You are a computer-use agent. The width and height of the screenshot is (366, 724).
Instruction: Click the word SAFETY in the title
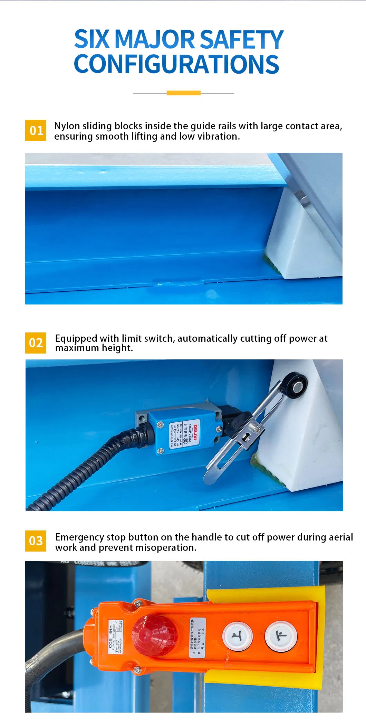pos(241,39)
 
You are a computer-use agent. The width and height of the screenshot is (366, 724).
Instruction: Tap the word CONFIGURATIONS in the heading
pos(176,65)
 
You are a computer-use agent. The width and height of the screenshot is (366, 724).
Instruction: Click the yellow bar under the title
pos(183,93)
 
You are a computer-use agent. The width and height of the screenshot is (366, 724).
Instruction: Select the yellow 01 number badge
pos(36,130)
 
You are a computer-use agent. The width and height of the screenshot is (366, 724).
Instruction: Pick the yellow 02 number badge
pos(36,343)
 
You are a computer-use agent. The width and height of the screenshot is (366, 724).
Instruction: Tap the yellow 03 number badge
pos(36,541)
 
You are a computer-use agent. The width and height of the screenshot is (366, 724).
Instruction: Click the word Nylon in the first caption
pos(67,126)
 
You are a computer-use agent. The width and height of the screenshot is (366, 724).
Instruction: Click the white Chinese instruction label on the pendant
pos(198,638)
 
